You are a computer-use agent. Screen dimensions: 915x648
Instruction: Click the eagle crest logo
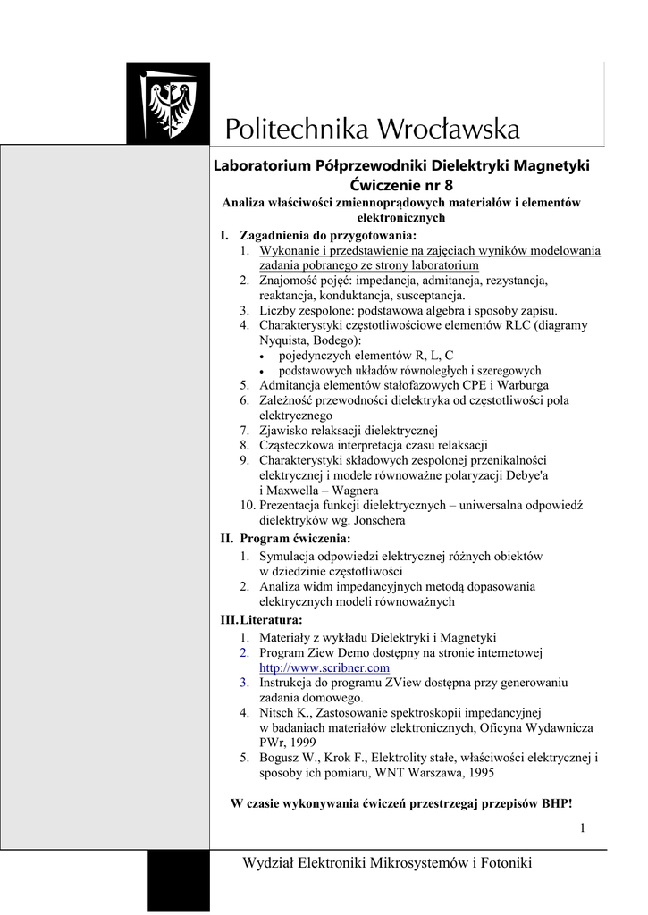coord(168,104)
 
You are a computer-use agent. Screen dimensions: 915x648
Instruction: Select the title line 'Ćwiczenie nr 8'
coord(401,185)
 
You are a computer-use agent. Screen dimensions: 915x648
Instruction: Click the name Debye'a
coord(549,475)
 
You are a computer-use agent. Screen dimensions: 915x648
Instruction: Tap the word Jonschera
coord(375,520)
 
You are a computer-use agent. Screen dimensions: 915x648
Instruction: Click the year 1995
coord(475,773)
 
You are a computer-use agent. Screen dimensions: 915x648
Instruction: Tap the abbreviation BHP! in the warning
coord(556,803)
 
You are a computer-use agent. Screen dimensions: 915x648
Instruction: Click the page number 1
coord(582,829)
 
